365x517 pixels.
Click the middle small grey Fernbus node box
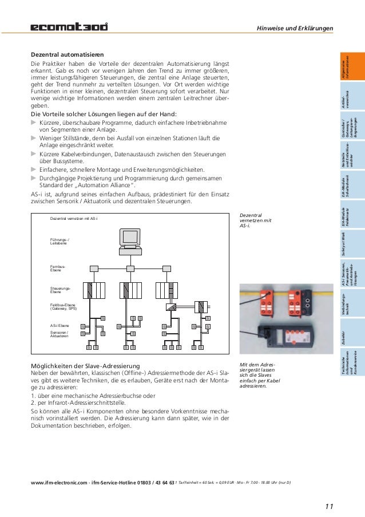coord(132,269)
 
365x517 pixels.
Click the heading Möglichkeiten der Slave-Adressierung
coord(87,366)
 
